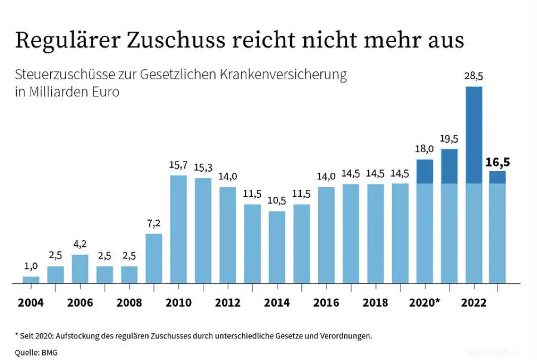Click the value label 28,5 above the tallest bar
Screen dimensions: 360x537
(473, 76)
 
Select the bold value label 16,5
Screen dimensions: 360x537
(498, 162)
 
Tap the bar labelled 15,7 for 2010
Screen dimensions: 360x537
(178, 229)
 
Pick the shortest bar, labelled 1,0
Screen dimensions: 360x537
(31, 280)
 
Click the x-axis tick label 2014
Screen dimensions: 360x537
(277, 303)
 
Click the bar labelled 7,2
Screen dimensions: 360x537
(154, 258)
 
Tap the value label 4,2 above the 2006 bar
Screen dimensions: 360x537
(80, 244)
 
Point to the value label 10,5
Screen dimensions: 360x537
(277, 201)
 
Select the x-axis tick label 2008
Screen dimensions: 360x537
(129, 303)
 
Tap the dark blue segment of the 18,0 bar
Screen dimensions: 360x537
(424, 172)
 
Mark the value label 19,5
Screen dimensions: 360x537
(449, 139)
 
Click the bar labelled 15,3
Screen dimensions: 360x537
(203, 231)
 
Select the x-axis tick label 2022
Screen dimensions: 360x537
(473, 303)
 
